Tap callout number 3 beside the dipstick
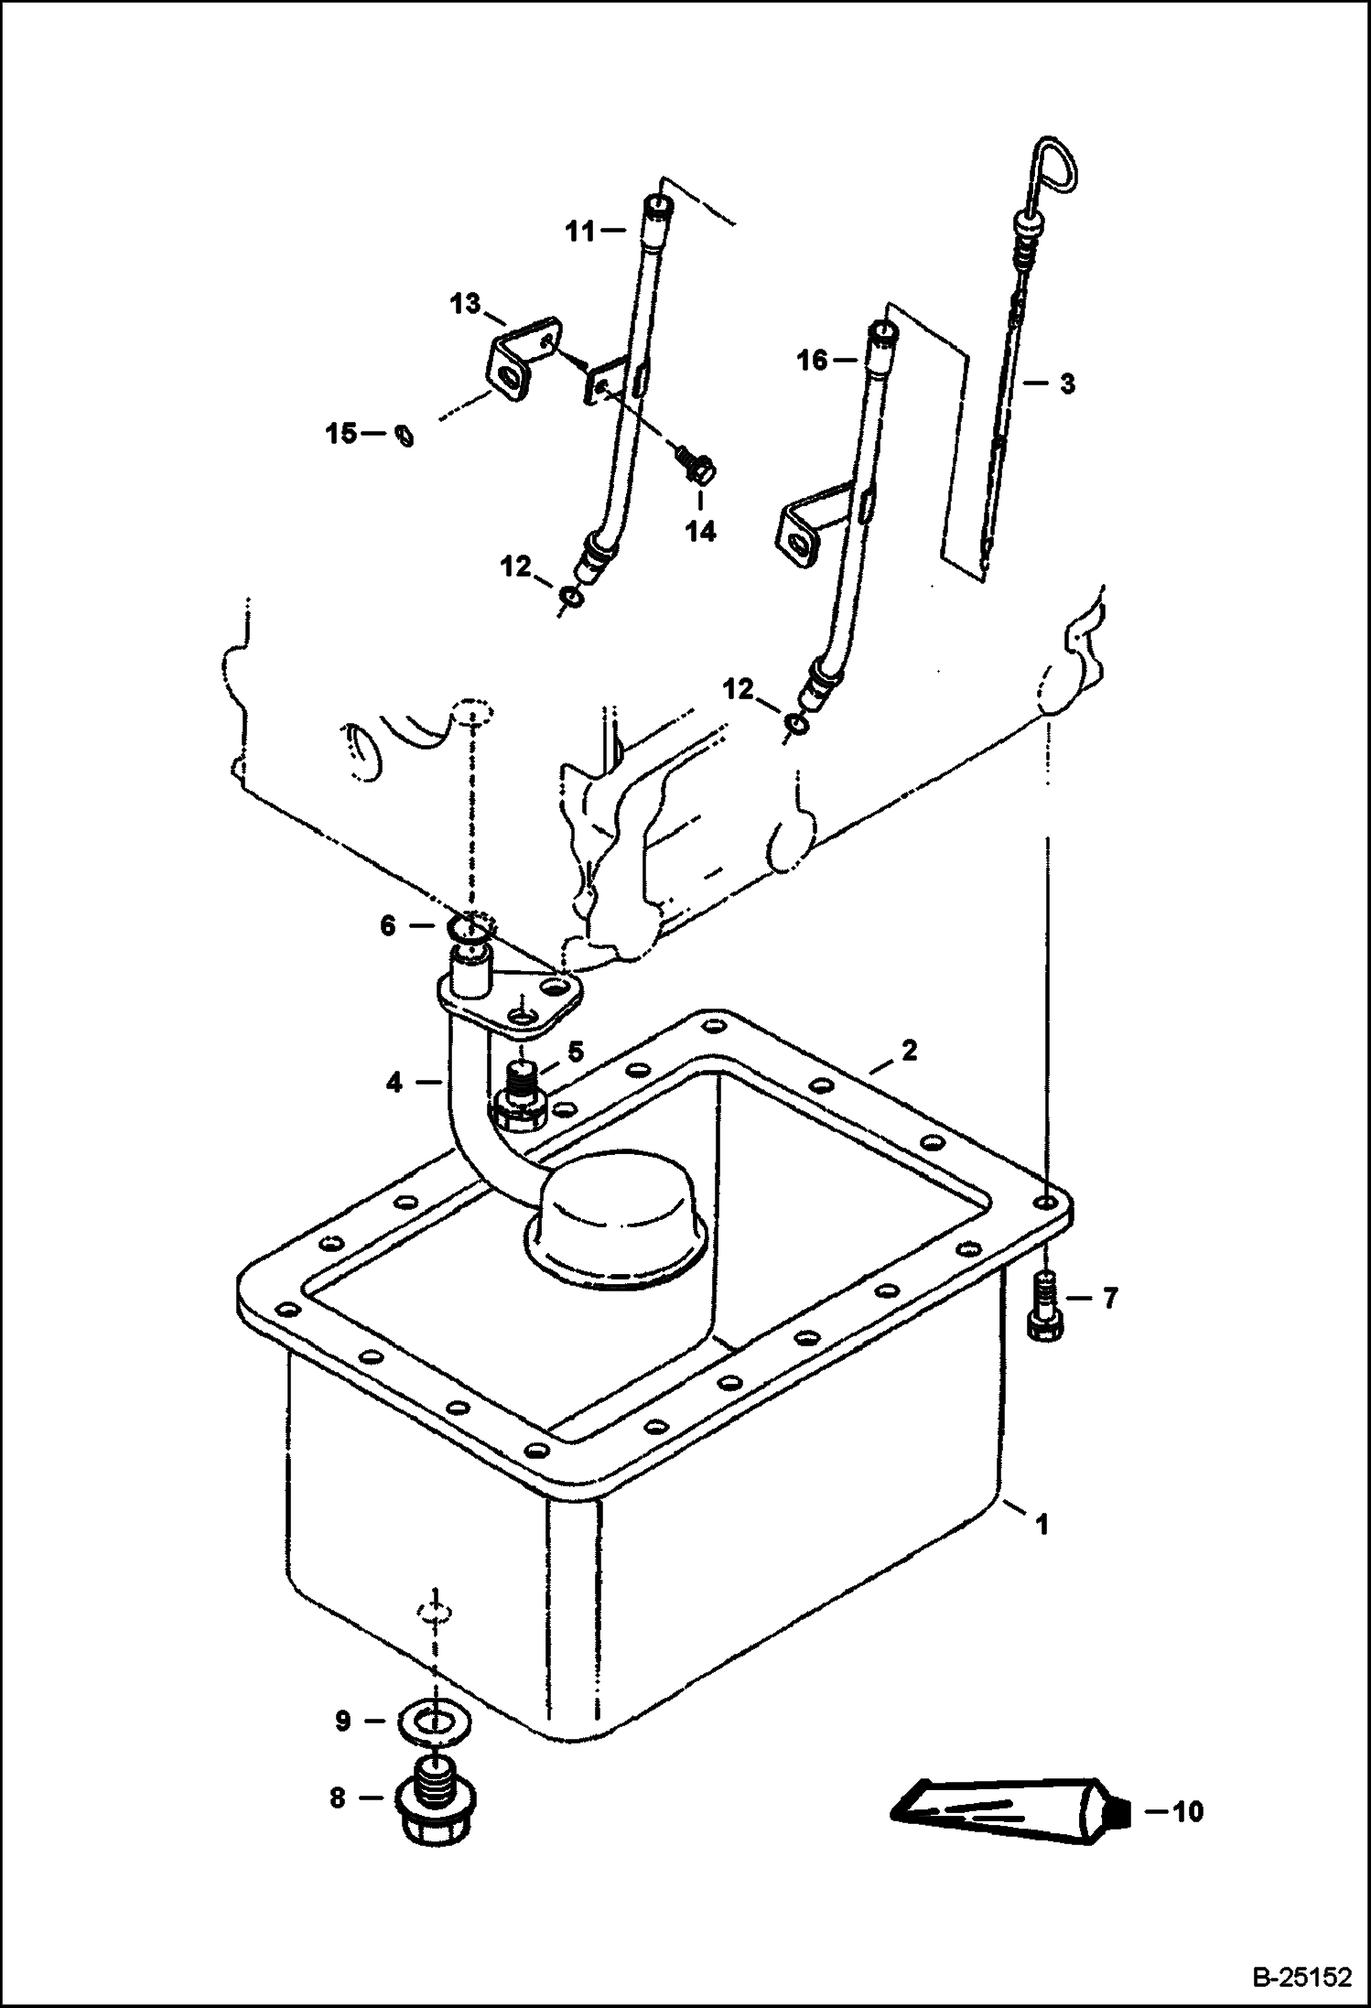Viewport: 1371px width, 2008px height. coord(1067,383)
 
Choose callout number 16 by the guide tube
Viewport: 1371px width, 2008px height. coord(813,360)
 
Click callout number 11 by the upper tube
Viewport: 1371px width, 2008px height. coord(579,232)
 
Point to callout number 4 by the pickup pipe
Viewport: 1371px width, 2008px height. coord(394,1083)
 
